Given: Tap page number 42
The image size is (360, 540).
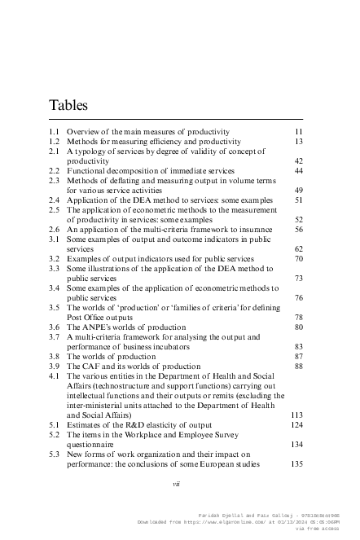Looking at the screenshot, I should (x=298, y=161).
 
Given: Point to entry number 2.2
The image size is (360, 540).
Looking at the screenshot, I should (x=54, y=171).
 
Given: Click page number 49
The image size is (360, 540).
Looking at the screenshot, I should (x=298, y=191).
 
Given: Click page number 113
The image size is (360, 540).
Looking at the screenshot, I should (x=296, y=414).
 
